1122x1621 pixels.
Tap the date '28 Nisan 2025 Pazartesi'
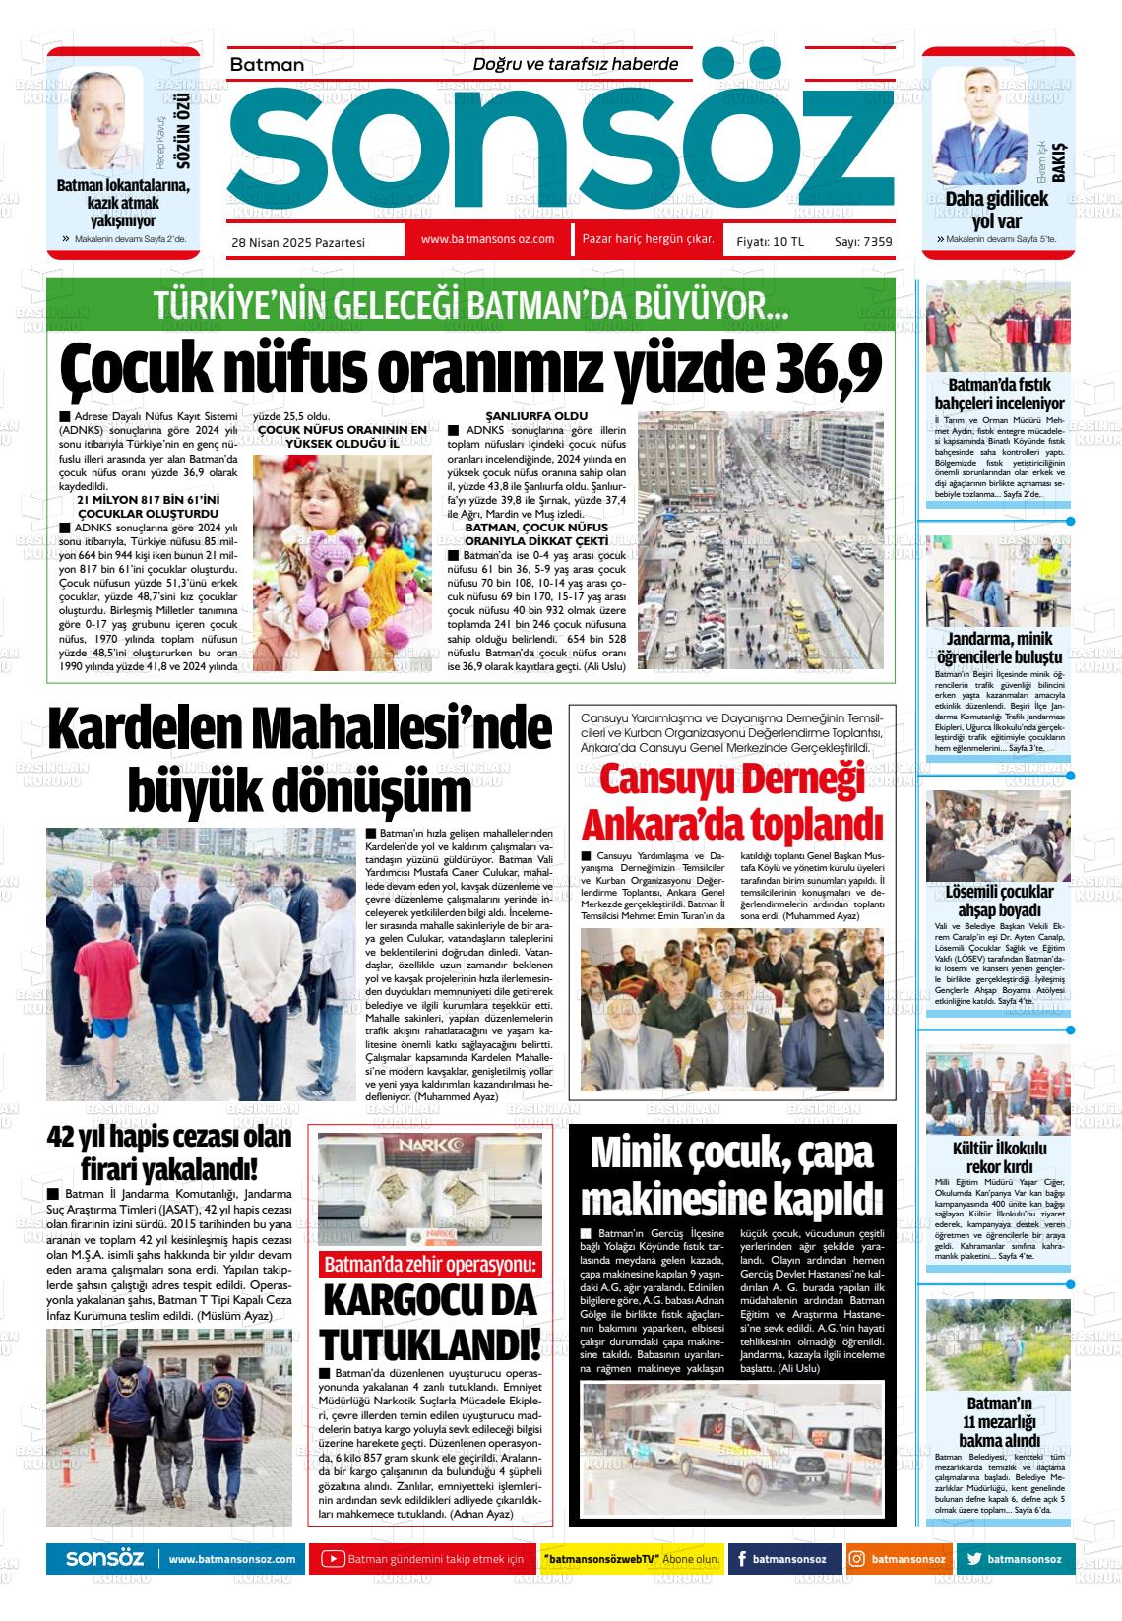pos(298,242)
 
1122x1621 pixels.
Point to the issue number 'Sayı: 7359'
pos(862,241)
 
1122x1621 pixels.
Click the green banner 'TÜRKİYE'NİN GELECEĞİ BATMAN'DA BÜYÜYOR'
pos(470,306)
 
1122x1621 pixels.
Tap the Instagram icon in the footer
pos(857,1559)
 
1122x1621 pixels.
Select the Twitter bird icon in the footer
pos(973,1559)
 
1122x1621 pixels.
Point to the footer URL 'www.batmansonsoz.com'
pos(232,1559)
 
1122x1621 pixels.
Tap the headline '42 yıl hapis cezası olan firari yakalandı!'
pos(170,1153)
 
